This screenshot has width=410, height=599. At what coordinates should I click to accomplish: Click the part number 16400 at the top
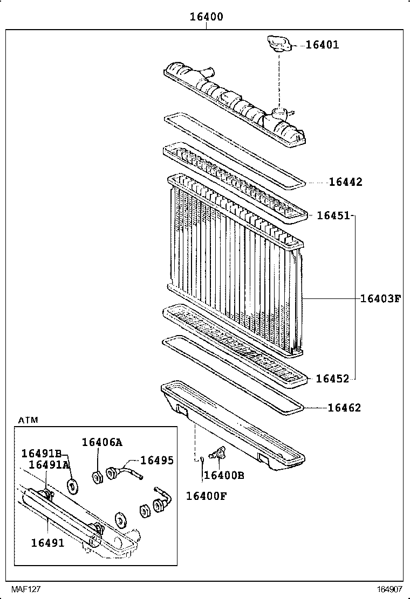click(x=206, y=17)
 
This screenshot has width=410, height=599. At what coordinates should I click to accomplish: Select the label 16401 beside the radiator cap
click(x=322, y=45)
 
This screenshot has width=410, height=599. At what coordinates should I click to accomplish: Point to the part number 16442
click(x=345, y=182)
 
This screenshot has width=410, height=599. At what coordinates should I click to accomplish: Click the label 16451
click(x=333, y=215)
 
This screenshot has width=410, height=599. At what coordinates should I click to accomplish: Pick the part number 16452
click(x=332, y=379)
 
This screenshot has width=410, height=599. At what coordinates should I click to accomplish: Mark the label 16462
click(x=344, y=408)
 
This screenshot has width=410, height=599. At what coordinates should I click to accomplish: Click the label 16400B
click(x=224, y=475)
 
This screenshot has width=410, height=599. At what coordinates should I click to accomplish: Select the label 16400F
click(x=206, y=496)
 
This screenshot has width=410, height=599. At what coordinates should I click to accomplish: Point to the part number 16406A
click(x=102, y=442)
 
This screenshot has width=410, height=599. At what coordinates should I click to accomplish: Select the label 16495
click(x=157, y=460)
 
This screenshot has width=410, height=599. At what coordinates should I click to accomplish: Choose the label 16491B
click(x=42, y=453)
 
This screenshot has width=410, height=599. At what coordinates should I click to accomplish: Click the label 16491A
click(x=49, y=464)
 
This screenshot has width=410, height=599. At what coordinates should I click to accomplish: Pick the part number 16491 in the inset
click(x=47, y=543)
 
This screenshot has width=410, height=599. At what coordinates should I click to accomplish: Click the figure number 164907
click(x=390, y=589)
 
